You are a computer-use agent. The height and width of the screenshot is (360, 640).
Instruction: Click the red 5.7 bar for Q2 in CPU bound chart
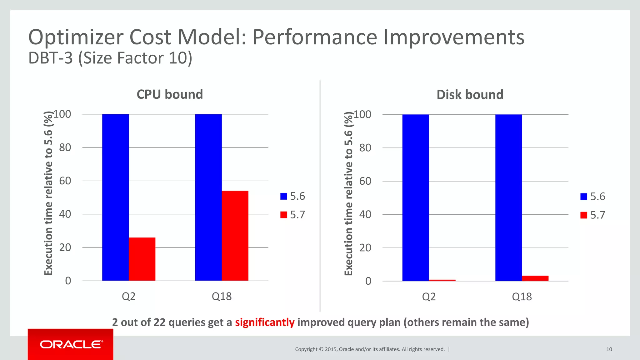pyautogui.click(x=142, y=259)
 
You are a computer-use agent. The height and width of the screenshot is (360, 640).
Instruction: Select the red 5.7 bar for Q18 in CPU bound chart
pyautogui.click(x=235, y=236)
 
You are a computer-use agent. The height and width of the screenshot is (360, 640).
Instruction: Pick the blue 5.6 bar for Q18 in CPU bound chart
pyautogui.click(x=208, y=197)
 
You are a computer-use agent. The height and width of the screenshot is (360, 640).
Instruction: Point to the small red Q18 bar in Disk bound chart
pyautogui.click(x=535, y=278)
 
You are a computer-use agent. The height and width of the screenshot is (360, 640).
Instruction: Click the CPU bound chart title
pyautogui.click(x=170, y=94)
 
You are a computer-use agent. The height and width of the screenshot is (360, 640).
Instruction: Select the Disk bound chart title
pyautogui.click(x=470, y=95)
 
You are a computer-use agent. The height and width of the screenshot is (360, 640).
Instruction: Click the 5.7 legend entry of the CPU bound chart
pyautogui.click(x=293, y=215)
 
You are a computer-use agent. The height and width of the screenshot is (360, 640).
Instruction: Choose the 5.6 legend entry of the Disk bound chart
pyautogui.click(x=593, y=197)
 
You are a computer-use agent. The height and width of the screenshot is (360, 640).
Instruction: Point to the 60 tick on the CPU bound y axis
pyautogui.click(x=65, y=181)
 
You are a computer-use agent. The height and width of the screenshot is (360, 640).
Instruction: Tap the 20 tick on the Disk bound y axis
pyautogui.click(x=365, y=248)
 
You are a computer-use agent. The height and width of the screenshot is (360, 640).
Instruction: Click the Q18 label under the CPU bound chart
pyautogui.click(x=222, y=296)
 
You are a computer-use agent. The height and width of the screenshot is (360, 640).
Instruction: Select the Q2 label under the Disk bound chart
pyautogui.click(x=428, y=297)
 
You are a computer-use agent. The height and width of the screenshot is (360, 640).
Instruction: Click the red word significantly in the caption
pyautogui.click(x=265, y=322)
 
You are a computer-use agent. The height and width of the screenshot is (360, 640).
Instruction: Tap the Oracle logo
pyautogui.click(x=71, y=344)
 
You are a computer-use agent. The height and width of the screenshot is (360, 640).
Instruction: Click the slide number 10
pyautogui.click(x=609, y=349)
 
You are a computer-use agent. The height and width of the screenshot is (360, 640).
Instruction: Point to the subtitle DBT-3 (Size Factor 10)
pyautogui.click(x=110, y=58)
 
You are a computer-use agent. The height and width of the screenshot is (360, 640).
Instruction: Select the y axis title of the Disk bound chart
pyautogui.click(x=348, y=194)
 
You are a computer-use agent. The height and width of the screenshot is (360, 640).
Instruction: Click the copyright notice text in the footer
pyautogui.click(x=370, y=349)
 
